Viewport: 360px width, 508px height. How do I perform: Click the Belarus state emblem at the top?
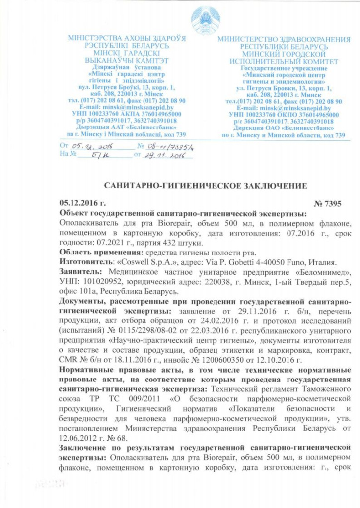point(205,18)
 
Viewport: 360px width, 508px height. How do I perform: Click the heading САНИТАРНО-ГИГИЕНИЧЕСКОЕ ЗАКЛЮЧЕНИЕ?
point(205,186)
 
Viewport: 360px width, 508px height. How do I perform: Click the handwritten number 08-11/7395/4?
point(166,146)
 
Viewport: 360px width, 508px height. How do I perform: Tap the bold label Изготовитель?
point(83,262)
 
